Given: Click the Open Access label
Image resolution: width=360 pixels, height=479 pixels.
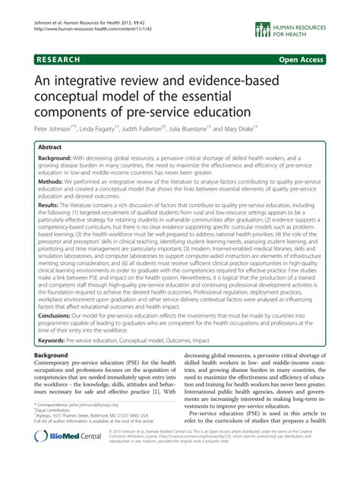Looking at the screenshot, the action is (316, 58).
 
